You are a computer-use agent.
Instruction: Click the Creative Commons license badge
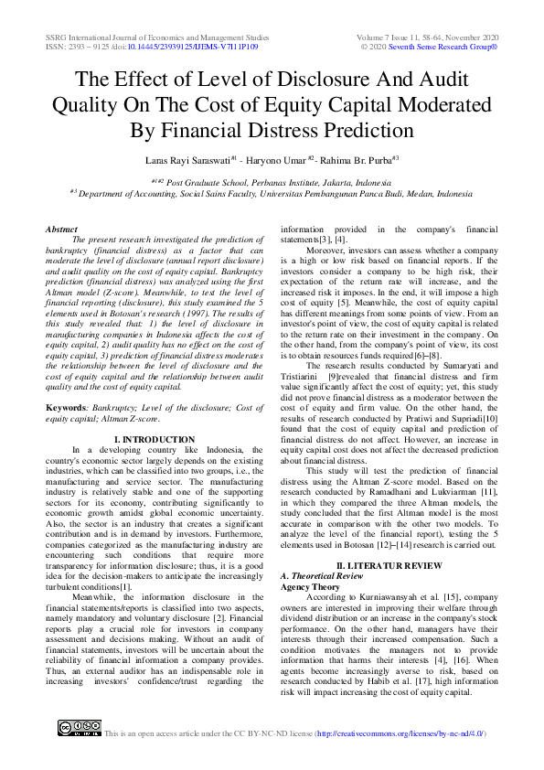coord(80,728)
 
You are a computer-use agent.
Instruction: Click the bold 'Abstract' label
coord(61,229)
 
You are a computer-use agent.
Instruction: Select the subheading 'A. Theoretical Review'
coord(323,576)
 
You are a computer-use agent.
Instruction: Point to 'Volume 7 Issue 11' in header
coord(396,35)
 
